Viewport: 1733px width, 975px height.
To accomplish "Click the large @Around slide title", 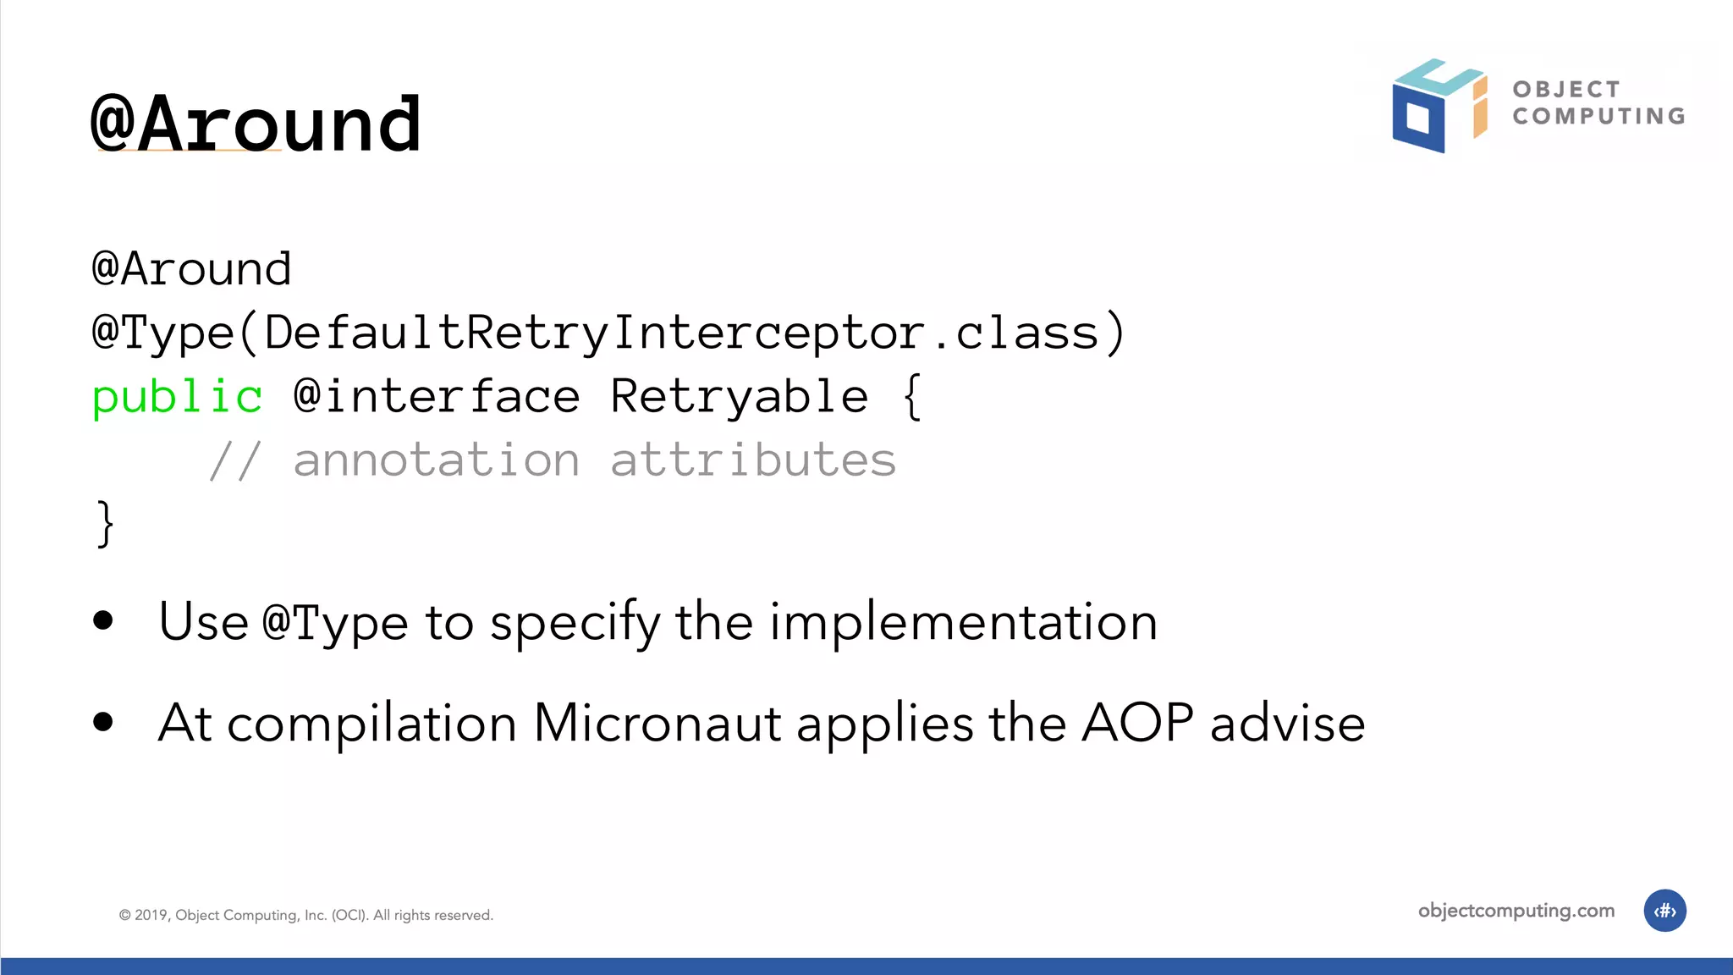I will click(x=256, y=124).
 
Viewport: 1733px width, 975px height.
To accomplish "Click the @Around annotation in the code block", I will click(x=191, y=269).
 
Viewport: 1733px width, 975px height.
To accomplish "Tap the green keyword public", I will click(x=177, y=397).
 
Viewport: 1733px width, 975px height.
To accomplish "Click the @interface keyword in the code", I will click(x=437, y=396).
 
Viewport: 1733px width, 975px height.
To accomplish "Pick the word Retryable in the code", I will click(x=739, y=396).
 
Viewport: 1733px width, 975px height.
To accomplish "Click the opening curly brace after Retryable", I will click(x=911, y=396).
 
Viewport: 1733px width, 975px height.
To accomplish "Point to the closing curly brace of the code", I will click(x=105, y=524).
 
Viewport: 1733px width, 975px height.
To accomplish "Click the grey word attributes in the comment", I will click(x=752, y=460).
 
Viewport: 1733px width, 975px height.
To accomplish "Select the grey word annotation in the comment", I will click(x=437, y=460).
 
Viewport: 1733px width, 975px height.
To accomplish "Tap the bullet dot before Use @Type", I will click(x=103, y=620).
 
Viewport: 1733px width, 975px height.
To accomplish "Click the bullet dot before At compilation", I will click(x=103, y=722).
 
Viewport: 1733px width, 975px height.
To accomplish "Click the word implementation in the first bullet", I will click(x=963, y=622).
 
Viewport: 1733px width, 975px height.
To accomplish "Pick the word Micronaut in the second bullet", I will click(x=657, y=724).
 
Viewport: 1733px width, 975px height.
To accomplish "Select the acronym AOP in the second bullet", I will click(x=1137, y=723).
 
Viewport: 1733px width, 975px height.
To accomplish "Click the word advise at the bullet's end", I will click(x=1287, y=724).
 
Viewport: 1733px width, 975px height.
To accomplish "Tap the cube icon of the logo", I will click(x=1438, y=106).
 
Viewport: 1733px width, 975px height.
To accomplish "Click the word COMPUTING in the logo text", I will click(x=1598, y=116).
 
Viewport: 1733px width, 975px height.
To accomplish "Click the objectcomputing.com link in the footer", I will click(x=1516, y=911).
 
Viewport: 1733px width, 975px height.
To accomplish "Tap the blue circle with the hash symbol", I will click(x=1664, y=911).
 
